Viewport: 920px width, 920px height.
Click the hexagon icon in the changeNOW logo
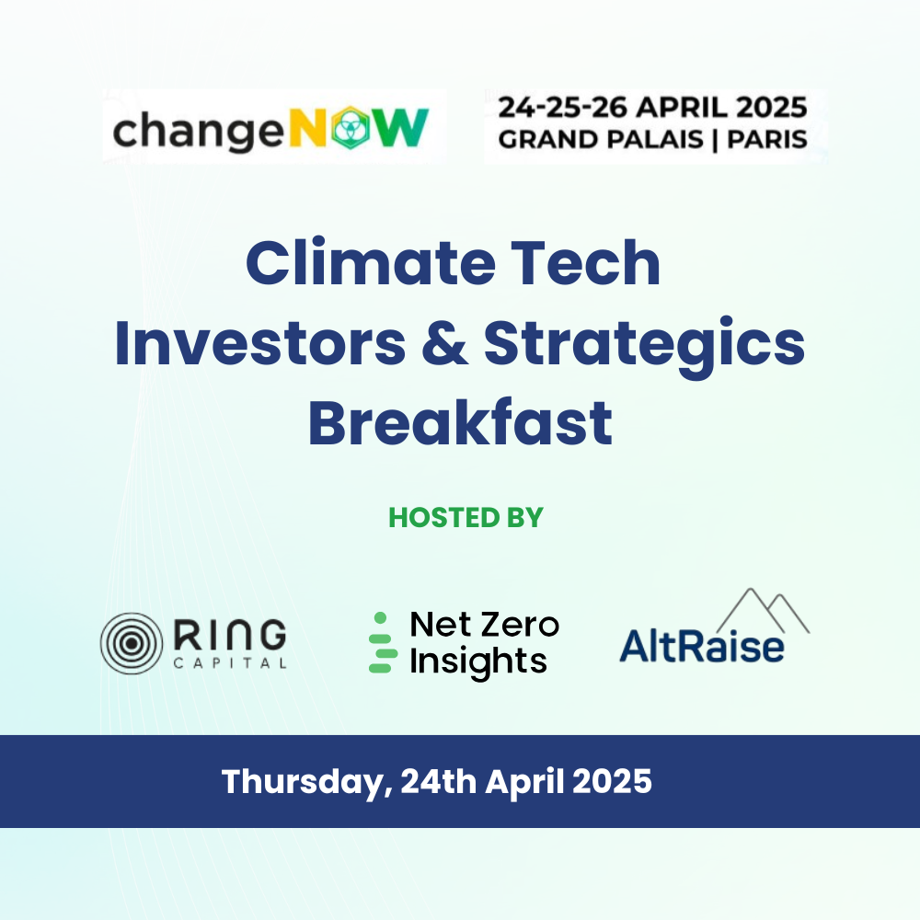[x=351, y=127]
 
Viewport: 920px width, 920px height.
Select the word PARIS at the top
[x=767, y=140]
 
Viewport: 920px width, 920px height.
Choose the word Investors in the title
[x=260, y=344]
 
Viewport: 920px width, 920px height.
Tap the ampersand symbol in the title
[x=444, y=344]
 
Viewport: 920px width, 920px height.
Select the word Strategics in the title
[x=644, y=348]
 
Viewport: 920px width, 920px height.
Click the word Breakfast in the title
[x=461, y=422]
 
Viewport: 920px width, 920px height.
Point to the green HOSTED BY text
[x=466, y=517]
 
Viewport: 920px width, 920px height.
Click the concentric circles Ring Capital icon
[x=132, y=643]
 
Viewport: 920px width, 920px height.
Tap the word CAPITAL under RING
[x=230, y=663]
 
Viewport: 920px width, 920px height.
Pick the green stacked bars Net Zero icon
[x=382, y=642]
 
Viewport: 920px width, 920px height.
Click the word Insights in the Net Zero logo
[x=478, y=661]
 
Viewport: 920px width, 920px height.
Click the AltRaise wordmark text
[x=702, y=646]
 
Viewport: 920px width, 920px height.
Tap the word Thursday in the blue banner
[x=307, y=782]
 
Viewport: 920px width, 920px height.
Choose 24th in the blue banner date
[x=438, y=781]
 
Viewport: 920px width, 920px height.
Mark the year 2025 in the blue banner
[x=612, y=781]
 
